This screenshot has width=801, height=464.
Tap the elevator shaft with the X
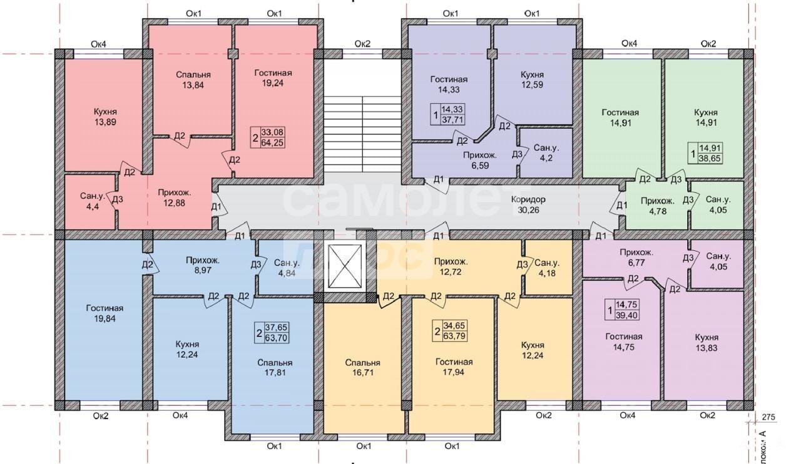tap(344, 266)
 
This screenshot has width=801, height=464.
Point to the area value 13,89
tap(105, 122)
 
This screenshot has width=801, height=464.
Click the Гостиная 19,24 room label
tap(273, 78)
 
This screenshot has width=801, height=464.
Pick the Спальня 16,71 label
tap(362, 368)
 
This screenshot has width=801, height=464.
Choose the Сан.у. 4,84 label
tap(287, 268)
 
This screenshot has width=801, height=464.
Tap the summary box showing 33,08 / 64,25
tap(268, 138)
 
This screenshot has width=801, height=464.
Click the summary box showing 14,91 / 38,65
tap(705, 153)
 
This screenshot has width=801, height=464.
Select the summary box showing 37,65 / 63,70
tap(272, 333)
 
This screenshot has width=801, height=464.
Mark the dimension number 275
tap(768, 417)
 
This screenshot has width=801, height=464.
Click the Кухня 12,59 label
tap(532, 79)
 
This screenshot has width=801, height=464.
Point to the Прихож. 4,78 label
tap(658, 206)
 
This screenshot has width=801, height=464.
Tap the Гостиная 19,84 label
tap(105, 313)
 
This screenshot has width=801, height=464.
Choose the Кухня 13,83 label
tap(707, 343)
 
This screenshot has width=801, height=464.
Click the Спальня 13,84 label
tap(193, 79)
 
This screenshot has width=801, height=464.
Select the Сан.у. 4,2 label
tap(546, 153)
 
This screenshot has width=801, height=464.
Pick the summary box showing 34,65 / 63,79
tap(449, 331)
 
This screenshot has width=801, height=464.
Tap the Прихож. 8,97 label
tap(203, 265)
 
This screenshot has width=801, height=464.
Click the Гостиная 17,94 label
tap(454, 367)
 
